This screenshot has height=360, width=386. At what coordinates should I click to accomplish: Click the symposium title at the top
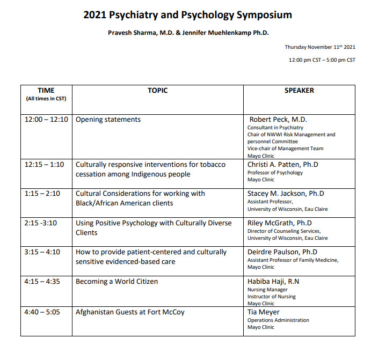point(188,14)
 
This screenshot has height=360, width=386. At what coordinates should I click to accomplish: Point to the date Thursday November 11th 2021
point(320,47)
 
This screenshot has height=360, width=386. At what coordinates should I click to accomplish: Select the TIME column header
point(46,91)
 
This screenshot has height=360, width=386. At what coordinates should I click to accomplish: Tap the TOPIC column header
point(157,91)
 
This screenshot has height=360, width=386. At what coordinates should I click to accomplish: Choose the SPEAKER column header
point(299,91)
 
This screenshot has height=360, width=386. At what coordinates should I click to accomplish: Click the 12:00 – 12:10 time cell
point(46,120)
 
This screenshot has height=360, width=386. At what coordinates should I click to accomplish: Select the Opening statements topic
point(108,120)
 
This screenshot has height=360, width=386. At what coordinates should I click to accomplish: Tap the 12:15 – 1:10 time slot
point(46,165)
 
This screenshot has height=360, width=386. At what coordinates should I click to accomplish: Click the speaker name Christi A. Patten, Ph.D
point(282,165)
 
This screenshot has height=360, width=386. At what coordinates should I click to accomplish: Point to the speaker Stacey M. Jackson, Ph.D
point(286,194)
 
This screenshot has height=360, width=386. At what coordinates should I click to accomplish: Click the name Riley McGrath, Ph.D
point(279,223)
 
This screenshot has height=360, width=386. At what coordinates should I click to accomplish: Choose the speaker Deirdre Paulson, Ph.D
point(282,252)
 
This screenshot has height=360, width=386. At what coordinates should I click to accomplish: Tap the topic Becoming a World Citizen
point(116,281)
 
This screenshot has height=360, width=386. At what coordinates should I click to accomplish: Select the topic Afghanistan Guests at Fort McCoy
point(130,312)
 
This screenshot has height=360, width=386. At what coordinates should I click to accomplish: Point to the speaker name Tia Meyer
point(264,312)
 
